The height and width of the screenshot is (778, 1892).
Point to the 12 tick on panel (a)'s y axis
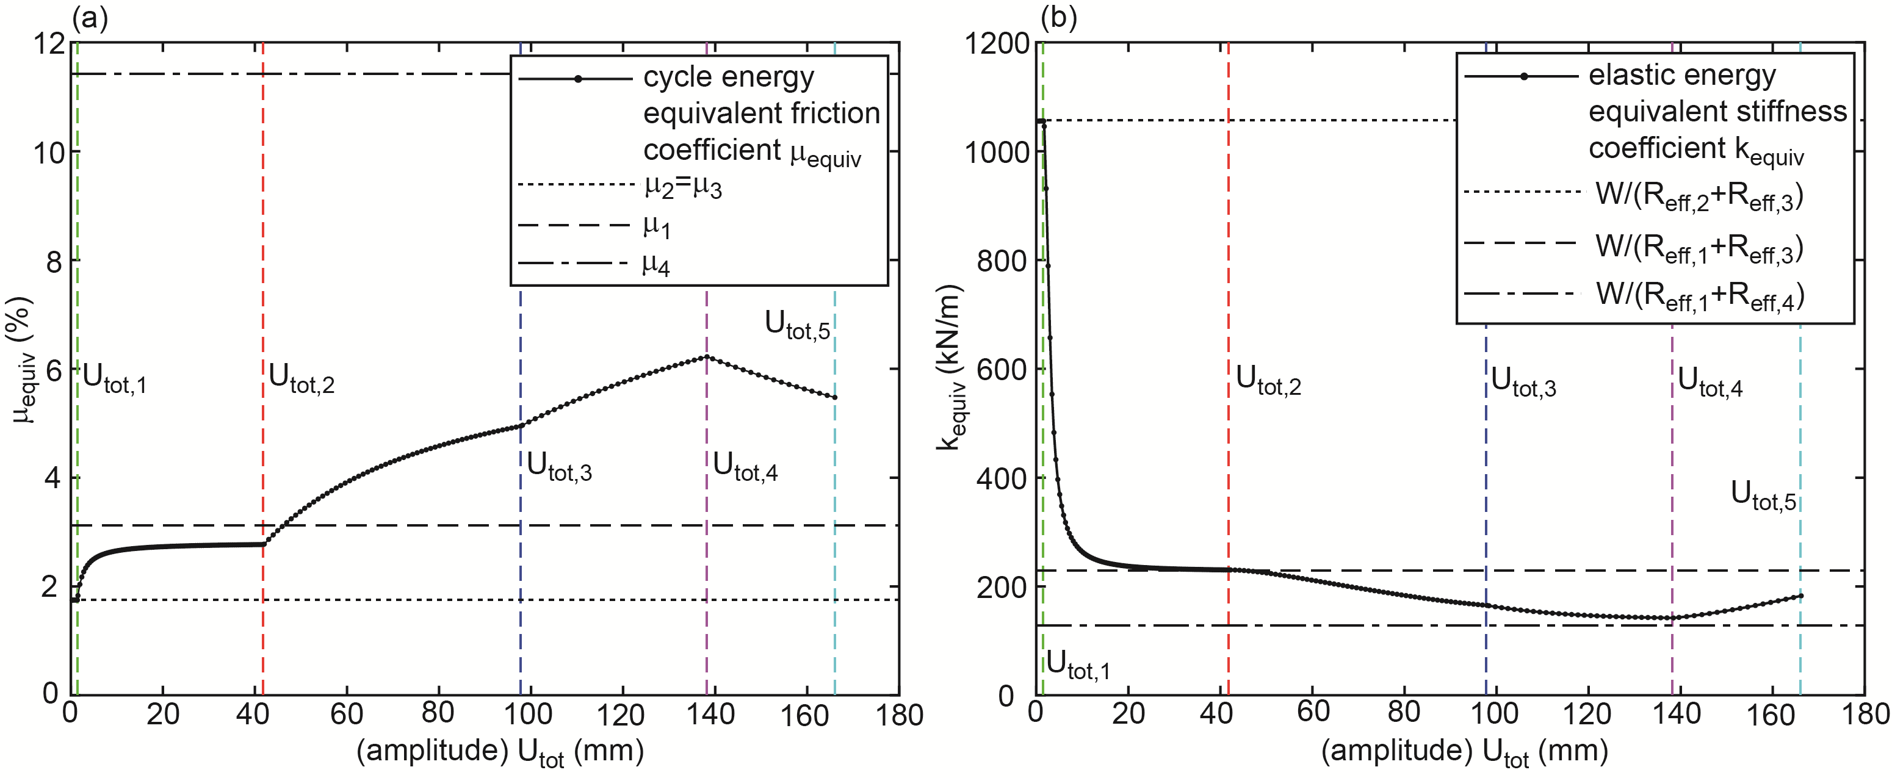49,43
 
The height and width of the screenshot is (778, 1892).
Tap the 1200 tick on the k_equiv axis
996,43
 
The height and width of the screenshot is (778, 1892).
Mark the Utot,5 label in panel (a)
797,325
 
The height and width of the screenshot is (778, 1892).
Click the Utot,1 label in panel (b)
1077,665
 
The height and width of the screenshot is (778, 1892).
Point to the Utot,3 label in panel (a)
559,467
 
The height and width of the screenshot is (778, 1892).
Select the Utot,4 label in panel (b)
1710,383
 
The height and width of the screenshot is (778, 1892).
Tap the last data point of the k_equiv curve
1801,596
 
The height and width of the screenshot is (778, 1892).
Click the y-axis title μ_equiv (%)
23,360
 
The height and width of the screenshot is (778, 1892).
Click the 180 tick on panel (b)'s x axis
1866,715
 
